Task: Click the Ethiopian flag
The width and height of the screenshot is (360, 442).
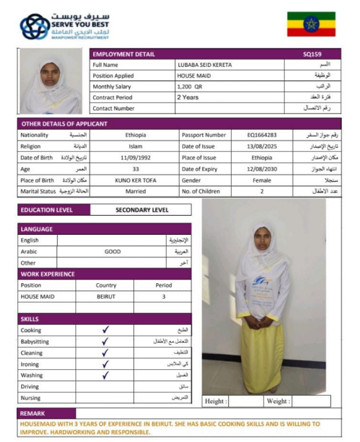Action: (x=311, y=24)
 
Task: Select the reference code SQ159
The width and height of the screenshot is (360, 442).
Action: (x=312, y=54)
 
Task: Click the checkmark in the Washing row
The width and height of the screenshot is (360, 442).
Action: (x=105, y=376)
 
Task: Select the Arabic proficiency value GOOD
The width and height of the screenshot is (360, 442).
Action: (x=113, y=252)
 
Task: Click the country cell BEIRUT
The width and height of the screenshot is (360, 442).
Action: (x=106, y=296)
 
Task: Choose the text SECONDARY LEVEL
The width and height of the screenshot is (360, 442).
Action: (x=142, y=210)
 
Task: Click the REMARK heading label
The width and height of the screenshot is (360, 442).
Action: (x=33, y=413)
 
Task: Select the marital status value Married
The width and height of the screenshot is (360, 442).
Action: (x=136, y=192)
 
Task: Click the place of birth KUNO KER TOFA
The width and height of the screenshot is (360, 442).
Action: (x=136, y=180)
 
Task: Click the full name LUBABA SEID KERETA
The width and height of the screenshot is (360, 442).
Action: (x=205, y=65)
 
